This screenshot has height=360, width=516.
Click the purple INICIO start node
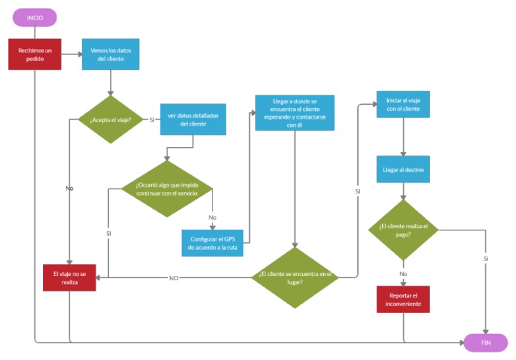click(34, 17)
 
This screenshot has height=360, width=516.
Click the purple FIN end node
click(485, 343)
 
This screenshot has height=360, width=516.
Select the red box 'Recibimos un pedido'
click(34, 54)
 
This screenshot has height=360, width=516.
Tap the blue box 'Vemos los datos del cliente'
click(111, 54)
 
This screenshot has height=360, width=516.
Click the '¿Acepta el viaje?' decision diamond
click(110, 120)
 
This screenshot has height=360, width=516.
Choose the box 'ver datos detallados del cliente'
click(192, 120)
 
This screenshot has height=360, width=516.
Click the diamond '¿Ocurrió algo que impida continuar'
click(167, 189)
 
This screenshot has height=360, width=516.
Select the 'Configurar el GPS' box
click(212, 242)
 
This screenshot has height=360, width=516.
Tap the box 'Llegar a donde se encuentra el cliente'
click(294, 112)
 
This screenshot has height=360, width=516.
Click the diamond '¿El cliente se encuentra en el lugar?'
click(294, 277)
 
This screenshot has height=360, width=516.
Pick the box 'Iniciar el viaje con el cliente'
click(402, 104)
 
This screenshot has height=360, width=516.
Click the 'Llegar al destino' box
click(402, 169)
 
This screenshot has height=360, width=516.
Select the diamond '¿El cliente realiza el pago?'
click(402, 230)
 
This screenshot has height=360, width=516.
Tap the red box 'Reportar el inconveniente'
click(402, 300)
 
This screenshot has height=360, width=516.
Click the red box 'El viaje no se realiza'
click(69, 277)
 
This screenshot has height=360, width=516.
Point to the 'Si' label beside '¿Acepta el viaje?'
click(152, 120)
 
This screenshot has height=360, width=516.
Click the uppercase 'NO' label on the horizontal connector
click(173, 277)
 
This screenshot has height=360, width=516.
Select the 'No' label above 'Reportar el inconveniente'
click(403, 274)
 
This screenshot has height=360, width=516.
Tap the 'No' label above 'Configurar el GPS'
click(212, 218)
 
